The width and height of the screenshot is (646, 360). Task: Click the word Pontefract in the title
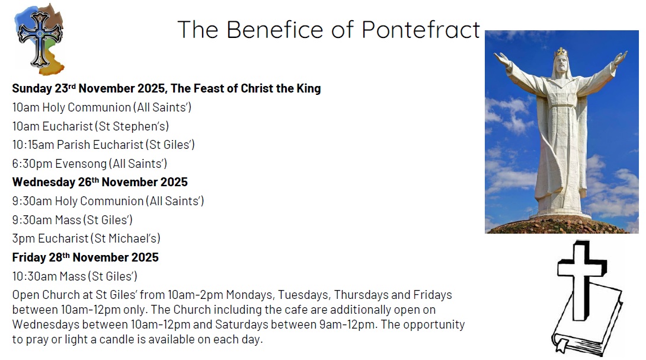coord(421,29)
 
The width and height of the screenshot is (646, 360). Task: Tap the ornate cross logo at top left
coord(39,39)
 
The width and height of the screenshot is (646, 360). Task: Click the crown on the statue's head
coord(561,53)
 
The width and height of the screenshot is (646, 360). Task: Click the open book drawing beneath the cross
coord(587,329)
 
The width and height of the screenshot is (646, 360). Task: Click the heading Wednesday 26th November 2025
coord(100,182)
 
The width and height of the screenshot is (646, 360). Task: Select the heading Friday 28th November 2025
coord(85,257)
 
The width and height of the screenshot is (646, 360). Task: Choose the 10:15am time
coord(33,145)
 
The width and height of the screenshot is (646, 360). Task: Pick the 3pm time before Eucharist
coord(24,238)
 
